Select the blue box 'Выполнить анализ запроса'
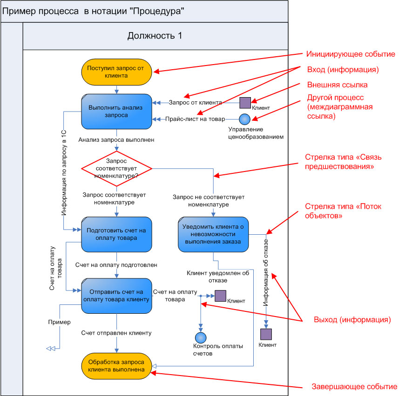pyautogui.click(x=117, y=111)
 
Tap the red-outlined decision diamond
pyautogui.click(x=117, y=168)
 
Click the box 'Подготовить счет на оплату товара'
pyautogui.click(x=117, y=234)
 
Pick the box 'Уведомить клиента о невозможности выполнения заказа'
pyautogui.click(x=213, y=234)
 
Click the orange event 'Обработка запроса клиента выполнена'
pyautogui.click(x=117, y=366)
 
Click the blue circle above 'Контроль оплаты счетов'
pyautogui.click(x=201, y=338)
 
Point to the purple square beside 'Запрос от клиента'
pyautogui.click(x=245, y=102)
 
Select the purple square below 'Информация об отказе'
pyautogui.click(x=266, y=334)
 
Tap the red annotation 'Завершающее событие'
pyautogui.click(x=354, y=387)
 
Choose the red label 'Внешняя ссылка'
pyautogui.click(x=338, y=85)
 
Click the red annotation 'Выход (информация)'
pyautogui.click(x=352, y=320)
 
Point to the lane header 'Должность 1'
pyautogui.click(x=155, y=36)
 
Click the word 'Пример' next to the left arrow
pyautogui.click(x=59, y=322)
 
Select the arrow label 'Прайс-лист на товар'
pyautogui.click(x=195, y=119)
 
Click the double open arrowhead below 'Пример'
pyautogui.click(x=51, y=349)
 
